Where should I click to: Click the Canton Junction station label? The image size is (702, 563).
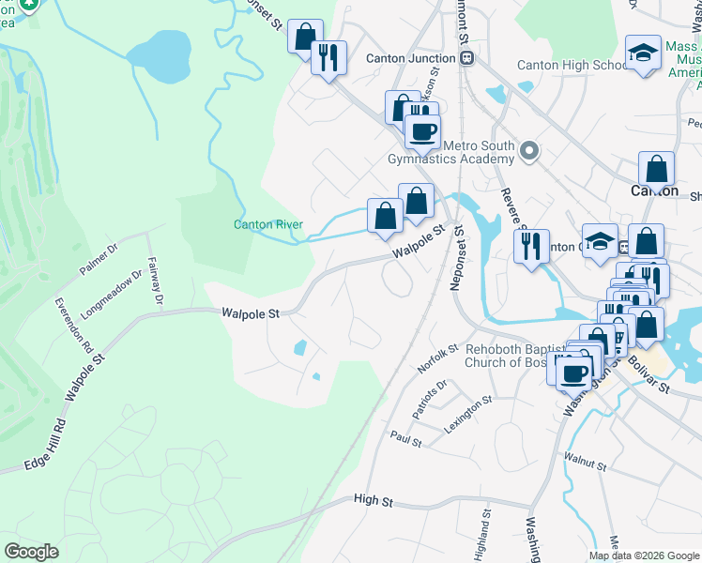tap(410, 58)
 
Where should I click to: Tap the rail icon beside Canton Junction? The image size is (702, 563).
tap(467, 58)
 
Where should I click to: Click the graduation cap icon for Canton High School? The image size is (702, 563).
tap(643, 53)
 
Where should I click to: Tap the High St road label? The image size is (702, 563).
tap(373, 501)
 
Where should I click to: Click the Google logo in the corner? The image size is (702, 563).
tap(32, 551)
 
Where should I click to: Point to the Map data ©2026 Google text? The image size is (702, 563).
tap(644, 555)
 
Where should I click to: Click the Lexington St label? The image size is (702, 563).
tap(468, 414)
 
